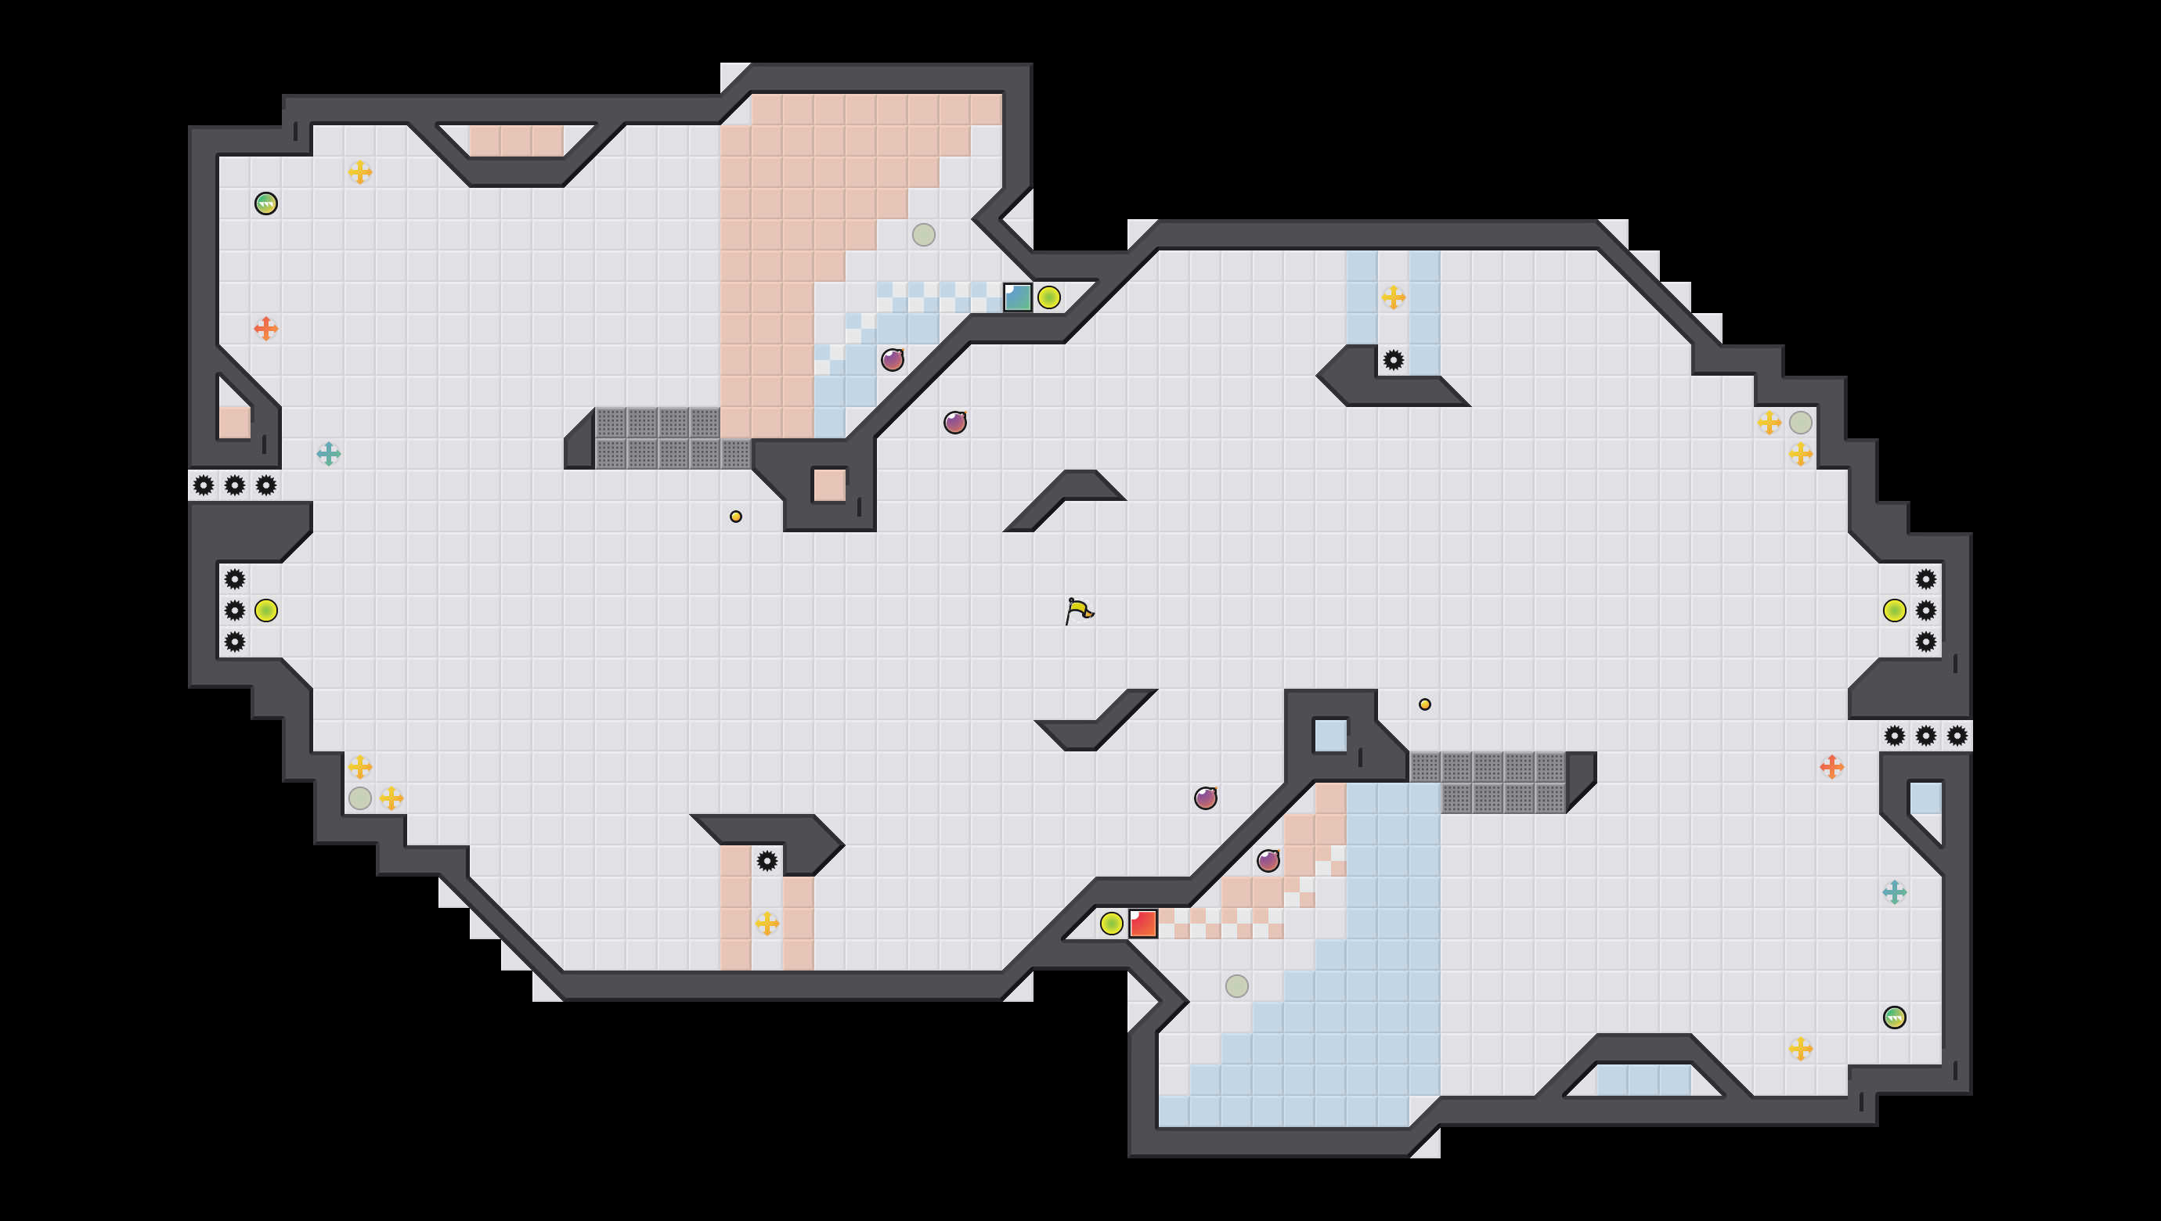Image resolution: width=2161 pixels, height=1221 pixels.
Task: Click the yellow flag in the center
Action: pos(1079,610)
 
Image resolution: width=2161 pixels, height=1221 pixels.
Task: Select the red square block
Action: pos(1142,924)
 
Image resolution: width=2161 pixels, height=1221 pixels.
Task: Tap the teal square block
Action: pos(1018,297)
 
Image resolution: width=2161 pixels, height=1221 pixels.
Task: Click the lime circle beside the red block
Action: pos(1112,924)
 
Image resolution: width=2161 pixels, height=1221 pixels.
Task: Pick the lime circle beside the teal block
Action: pos(1048,297)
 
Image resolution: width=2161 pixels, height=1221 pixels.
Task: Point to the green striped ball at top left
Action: pos(266,203)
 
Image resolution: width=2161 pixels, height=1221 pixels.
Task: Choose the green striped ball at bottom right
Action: pos(1894,1017)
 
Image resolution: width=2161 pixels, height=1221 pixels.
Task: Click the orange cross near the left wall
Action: pos(266,328)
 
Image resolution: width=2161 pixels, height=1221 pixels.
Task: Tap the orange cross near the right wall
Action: pos(1831,766)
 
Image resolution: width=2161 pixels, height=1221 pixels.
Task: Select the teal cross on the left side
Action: pos(329,454)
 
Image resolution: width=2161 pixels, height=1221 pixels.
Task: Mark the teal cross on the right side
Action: pos(1894,892)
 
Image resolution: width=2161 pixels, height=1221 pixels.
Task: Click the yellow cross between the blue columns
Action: pos(1394,297)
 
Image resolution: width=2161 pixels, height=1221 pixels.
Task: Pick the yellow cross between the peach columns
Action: pos(767,924)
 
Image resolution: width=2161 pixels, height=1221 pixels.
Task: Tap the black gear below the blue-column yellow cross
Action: pos(1394,360)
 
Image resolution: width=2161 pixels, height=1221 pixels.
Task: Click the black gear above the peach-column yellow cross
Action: pos(767,860)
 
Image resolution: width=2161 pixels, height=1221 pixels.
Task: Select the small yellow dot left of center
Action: pos(736,517)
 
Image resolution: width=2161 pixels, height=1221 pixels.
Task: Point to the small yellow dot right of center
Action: pos(1424,704)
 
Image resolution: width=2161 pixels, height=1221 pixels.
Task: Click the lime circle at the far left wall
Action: pos(266,610)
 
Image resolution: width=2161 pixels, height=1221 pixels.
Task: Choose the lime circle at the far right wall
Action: pos(1894,610)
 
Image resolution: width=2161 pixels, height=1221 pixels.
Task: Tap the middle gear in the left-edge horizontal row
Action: pos(235,484)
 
